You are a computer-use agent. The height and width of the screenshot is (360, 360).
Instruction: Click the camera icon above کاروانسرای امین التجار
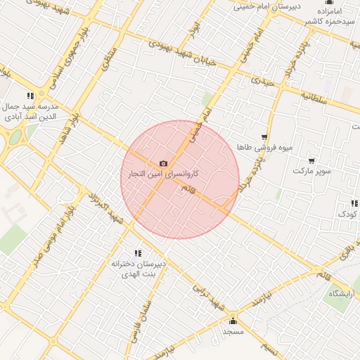164,163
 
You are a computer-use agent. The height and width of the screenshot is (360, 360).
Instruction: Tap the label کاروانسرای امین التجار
163,173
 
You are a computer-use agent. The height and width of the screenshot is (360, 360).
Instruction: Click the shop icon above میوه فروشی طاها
264,138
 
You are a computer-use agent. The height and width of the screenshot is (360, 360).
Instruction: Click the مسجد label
233,330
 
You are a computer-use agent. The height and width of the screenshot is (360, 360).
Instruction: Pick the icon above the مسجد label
233,321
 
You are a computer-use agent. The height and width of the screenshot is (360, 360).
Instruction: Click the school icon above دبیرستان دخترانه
138,253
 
